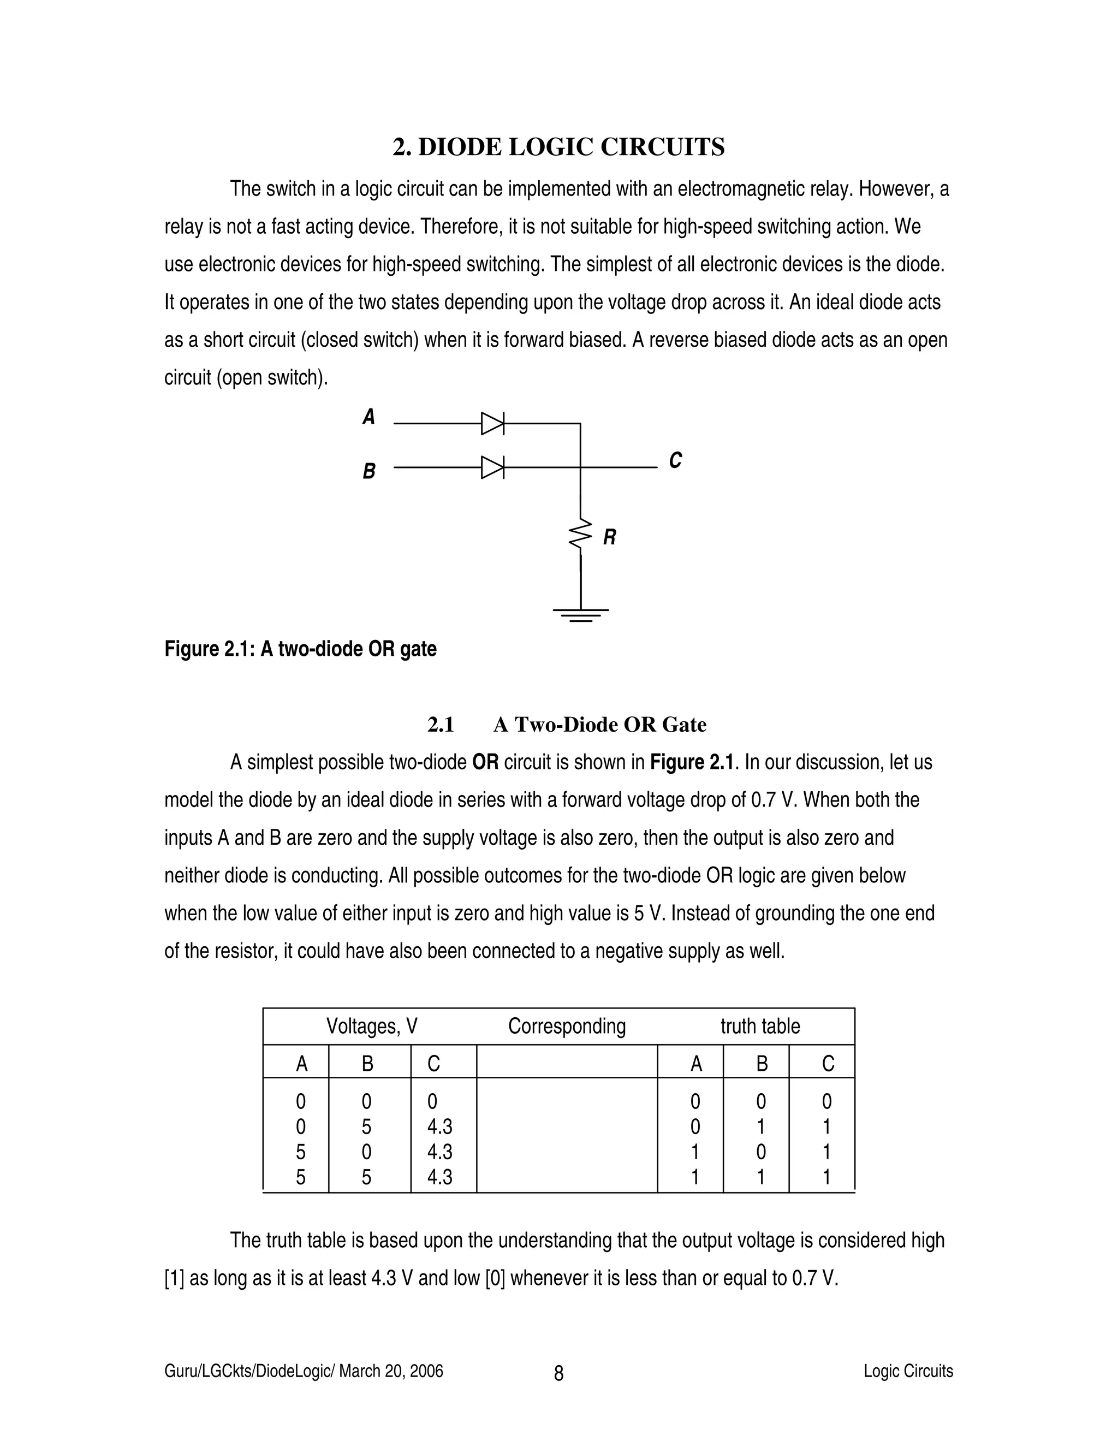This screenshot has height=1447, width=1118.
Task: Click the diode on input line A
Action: click(x=492, y=423)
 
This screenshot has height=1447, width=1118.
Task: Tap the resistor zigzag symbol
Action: click(x=581, y=534)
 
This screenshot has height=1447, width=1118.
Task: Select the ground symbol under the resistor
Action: click(x=581, y=615)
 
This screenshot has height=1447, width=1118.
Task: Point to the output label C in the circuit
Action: click(x=675, y=460)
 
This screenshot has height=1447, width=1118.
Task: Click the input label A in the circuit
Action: click(x=369, y=417)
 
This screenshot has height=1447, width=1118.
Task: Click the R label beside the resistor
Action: click(x=609, y=537)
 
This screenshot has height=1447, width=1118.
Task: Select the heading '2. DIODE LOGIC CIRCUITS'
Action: click(x=558, y=147)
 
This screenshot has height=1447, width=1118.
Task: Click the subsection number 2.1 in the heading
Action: click(x=441, y=725)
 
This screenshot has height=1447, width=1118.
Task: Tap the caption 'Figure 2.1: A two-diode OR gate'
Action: click(x=300, y=649)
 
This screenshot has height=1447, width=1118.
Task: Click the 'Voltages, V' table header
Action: click(x=372, y=1027)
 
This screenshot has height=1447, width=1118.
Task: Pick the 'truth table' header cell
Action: click(x=760, y=1027)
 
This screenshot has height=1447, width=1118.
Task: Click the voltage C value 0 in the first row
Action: click(x=432, y=1102)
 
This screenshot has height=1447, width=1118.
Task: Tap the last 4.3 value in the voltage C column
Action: click(x=439, y=1177)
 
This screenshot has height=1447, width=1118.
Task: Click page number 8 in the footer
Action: click(x=558, y=1373)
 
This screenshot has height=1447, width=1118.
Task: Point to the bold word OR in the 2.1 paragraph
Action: click(x=485, y=763)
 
